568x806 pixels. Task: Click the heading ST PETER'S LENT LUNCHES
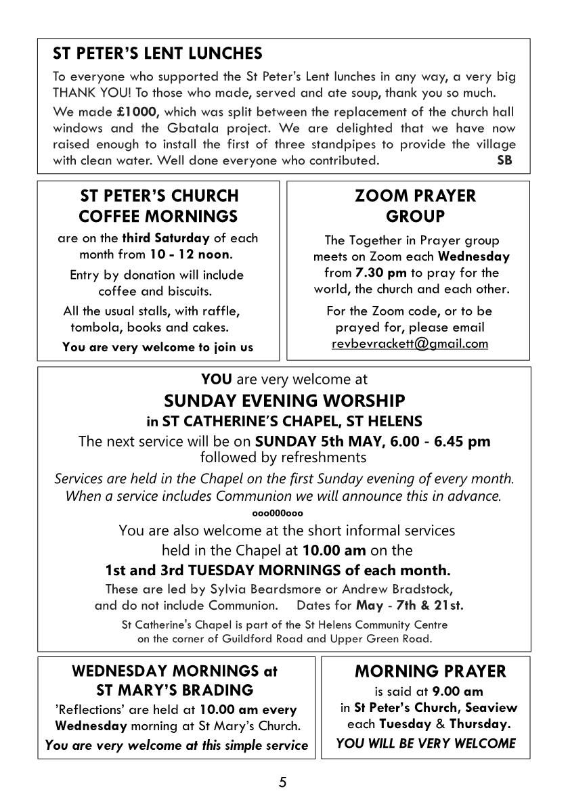pos(158,53)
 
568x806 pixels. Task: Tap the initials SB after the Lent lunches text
pos(504,160)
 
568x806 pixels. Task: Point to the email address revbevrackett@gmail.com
pos(410,344)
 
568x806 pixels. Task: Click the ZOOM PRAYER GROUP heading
pos(415,206)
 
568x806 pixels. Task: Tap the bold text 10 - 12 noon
pos(197,254)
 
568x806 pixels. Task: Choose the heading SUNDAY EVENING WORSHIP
pos(284,401)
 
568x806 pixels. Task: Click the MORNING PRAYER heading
pos(430,671)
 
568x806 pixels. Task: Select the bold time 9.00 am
pos(458,692)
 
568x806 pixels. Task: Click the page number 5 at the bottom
pos(283,783)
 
